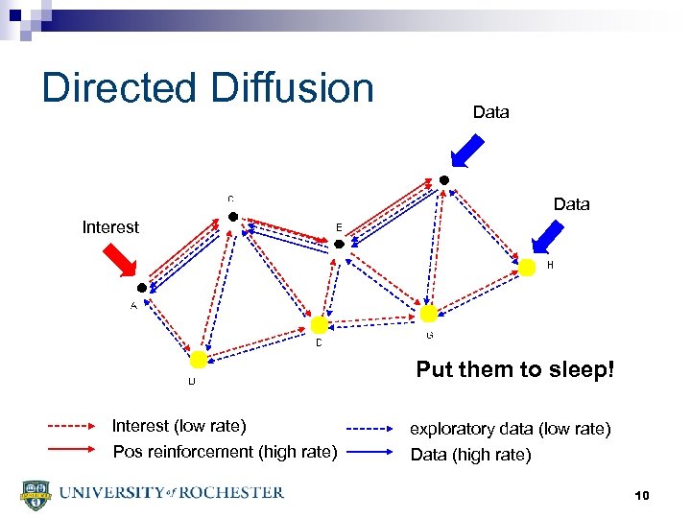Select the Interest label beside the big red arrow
coord(110,227)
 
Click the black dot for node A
coord(142,288)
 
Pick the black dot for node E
coord(338,246)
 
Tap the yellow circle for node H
coord(527,269)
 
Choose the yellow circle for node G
coord(429,314)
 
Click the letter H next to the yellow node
coord(550,264)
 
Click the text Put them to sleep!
coord(514,369)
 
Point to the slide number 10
coord(642,495)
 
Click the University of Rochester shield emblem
coord(34,495)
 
